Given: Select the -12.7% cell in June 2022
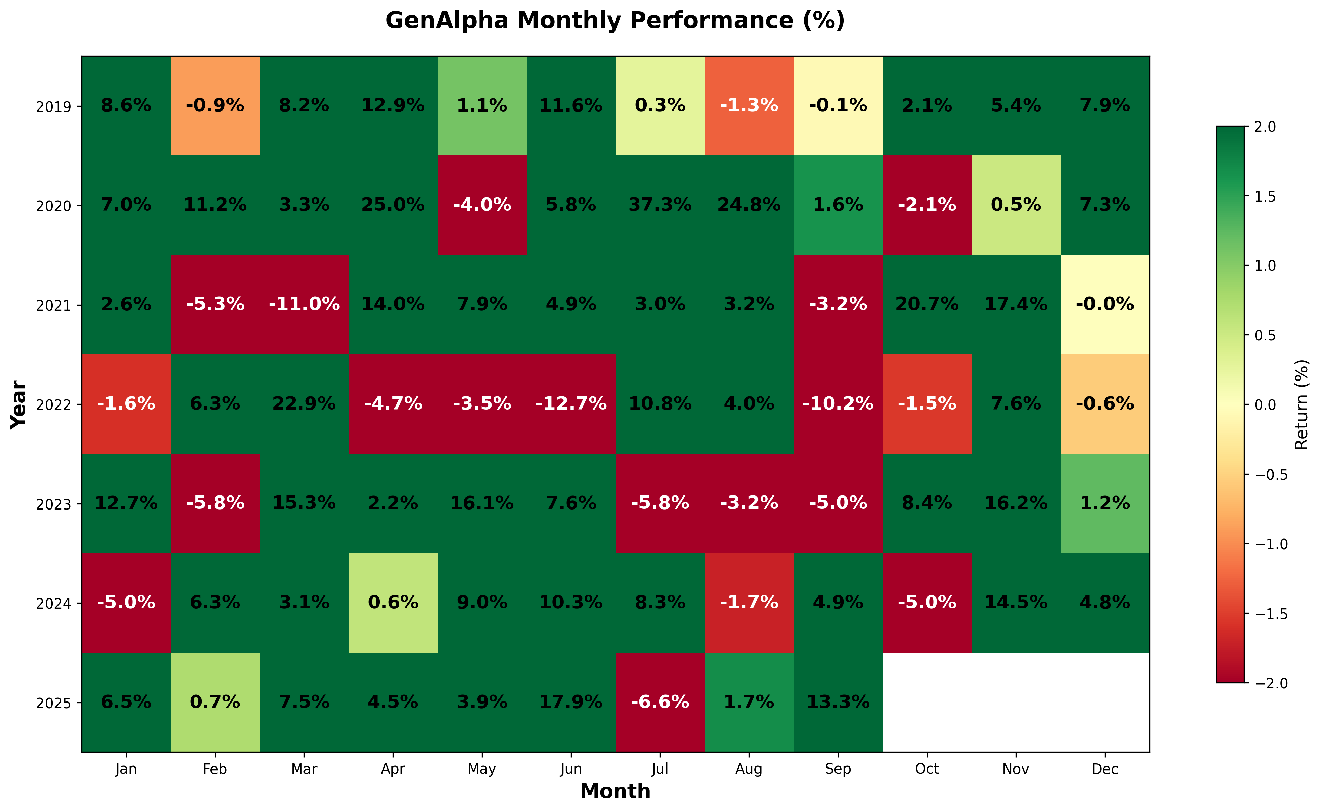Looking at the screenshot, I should pyautogui.click(x=571, y=403).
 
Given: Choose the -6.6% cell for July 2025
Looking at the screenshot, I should pyautogui.click(x=660, y=702).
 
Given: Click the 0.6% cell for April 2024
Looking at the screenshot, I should pyautogui.click(x=393, y=603).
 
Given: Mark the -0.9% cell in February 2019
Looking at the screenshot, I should pyautogui.click(x=215, y=105).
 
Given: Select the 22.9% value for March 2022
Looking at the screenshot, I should pyautogui.click(x=304, y=403).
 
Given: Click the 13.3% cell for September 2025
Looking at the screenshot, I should pyautogui.click(x=838, y=702).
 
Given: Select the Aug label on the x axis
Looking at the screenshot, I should pyautogui.click(x=749, y=769).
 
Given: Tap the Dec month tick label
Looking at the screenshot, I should pyautogui.click(x=1104, y=769).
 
